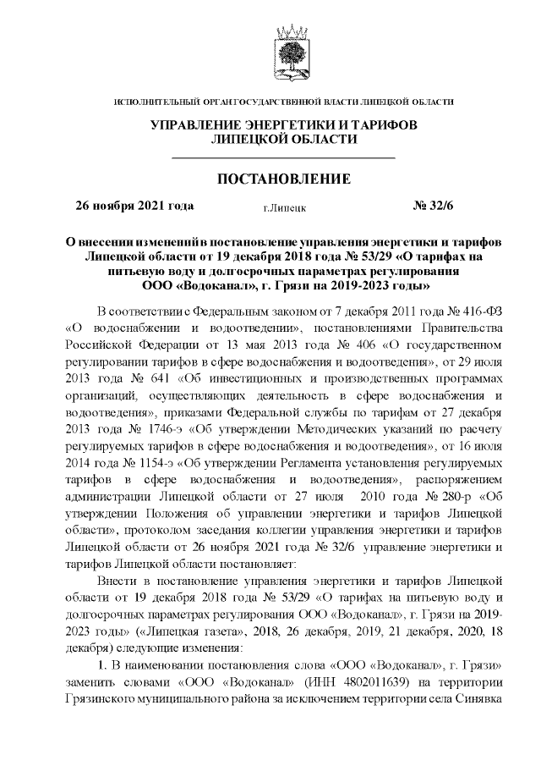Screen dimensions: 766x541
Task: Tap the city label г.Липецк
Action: click(x=284, y=207)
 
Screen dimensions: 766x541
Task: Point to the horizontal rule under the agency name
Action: click(x=283, y=158)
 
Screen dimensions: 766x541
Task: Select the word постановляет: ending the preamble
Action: click(x=253, y=563)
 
